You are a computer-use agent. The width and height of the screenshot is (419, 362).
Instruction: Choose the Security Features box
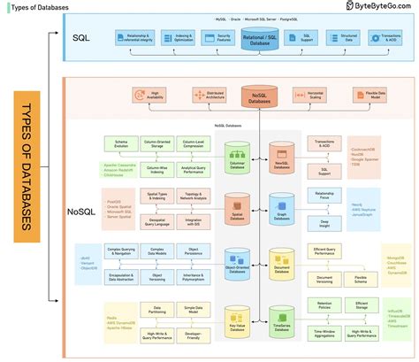click(x=211, y=38)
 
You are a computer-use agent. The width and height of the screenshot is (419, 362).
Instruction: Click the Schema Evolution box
click(x=120, y=142)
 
